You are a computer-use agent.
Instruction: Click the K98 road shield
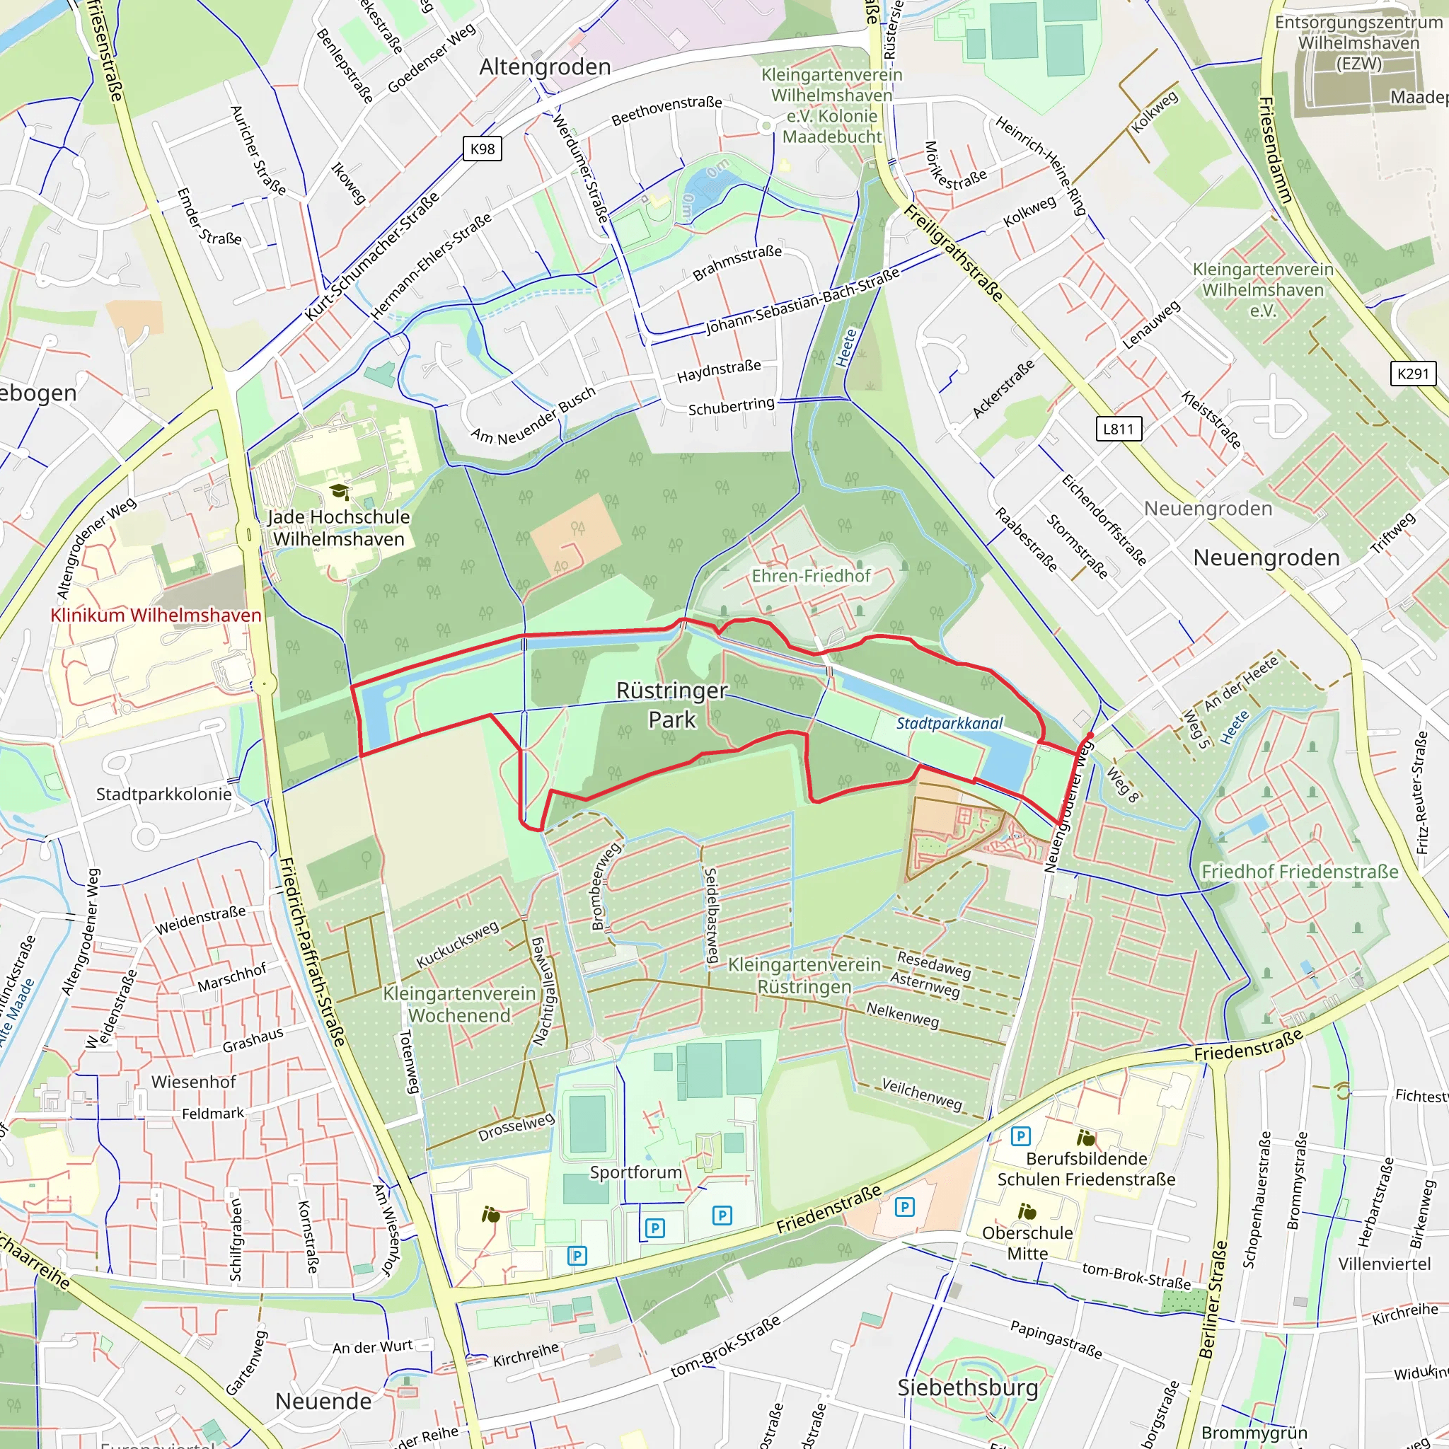coord(483,149)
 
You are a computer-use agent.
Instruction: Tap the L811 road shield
coord(1117,429)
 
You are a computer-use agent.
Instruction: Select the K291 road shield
coord(1413,374)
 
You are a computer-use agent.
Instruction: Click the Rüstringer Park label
coord(672,705)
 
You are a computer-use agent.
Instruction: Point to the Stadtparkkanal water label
coord(949,724)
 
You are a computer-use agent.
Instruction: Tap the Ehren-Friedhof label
coord(811,576)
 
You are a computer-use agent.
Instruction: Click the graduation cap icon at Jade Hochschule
coord(339,492)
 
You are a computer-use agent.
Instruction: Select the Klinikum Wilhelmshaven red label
coord(156,616)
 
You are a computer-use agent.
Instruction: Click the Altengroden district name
coord(545,67)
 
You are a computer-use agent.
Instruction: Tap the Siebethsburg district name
coord(967,1388)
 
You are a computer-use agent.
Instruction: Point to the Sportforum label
coord(636,1172)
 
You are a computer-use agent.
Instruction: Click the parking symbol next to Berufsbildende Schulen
coord(1020,1136)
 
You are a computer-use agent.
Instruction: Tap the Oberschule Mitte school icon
coord(1027,1211)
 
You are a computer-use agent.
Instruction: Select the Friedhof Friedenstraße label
coord(1300,872)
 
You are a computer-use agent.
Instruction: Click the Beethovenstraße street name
coord(666,111)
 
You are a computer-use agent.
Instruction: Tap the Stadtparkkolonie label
coord(163,795)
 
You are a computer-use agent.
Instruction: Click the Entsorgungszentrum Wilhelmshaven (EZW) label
coord(1359,42)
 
